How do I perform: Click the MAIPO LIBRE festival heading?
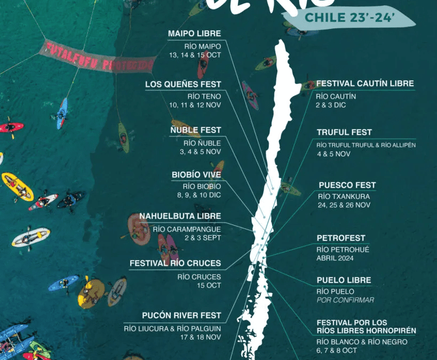point(194,34)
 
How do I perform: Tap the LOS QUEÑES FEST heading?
point(183,84)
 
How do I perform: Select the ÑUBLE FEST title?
point(196,130)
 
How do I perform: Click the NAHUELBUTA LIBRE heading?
point(180,216)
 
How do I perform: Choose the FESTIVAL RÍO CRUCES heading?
point(175,263)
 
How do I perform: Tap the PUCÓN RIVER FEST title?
point(181,315)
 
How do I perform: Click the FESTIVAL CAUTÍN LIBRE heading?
point(365,84)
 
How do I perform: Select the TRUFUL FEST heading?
point(344,132)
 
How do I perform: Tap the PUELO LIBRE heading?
point(344,280)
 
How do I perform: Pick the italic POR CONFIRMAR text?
point(345,300)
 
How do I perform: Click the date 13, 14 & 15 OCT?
point(195,55)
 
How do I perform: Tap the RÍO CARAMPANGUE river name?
point(187,229)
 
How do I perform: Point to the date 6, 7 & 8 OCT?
point(336,351)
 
